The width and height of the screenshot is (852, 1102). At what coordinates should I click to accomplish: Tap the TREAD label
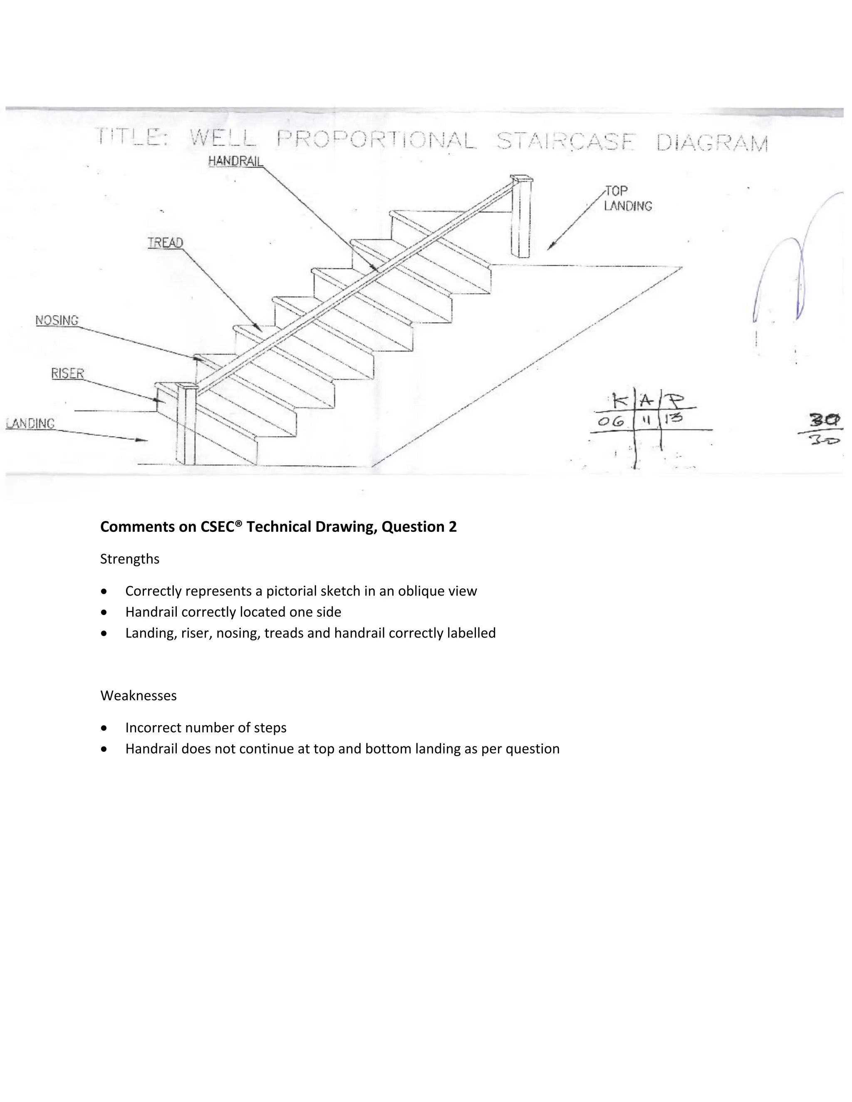(165, 243)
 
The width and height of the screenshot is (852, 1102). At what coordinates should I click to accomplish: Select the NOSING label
(57, 320)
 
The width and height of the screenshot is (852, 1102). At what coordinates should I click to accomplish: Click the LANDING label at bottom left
(30, 423)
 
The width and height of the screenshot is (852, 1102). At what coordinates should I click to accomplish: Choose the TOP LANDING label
(627, 198)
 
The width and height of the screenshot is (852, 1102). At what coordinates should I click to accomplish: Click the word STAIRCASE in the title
(564, 142)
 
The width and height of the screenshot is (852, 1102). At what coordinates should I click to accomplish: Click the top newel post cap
(521, 178)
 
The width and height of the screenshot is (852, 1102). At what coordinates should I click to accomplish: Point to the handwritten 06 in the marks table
(610, 421)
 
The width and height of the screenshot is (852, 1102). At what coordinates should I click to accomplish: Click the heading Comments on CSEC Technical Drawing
(278, 527)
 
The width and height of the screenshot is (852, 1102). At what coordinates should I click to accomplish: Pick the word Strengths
(130, 559)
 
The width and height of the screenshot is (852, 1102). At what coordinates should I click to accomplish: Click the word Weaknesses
(138, 696)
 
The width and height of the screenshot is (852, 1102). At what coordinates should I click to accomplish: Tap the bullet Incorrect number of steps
(206, 728)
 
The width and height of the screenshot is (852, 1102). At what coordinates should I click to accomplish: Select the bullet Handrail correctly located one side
(233, 612)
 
